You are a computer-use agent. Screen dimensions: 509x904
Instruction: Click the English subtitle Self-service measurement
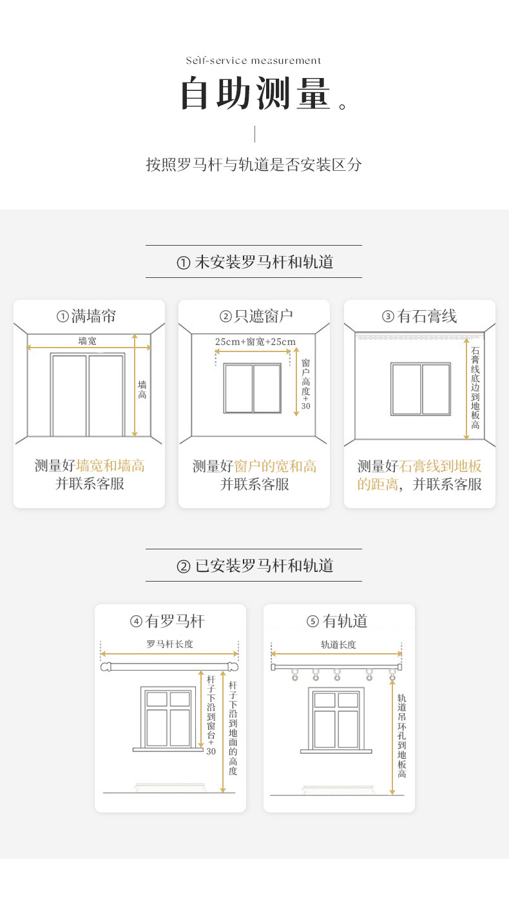(253, 61)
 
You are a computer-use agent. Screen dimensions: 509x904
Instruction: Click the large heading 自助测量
(256, 94)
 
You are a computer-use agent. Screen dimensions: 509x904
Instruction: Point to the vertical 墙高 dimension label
(142, 389)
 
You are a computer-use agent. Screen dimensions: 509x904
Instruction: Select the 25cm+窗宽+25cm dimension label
(255, 341)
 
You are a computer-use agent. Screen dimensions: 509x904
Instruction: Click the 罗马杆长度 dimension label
(169, 644)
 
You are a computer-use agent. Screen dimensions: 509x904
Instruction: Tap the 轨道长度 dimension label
(338, 644)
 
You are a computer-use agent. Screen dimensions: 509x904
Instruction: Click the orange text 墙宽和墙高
(110, 466)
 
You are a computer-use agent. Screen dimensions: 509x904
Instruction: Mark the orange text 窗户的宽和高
(275, 466)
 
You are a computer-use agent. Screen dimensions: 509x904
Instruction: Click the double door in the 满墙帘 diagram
(88, 395)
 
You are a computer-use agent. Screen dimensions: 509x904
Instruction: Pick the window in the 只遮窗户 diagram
(253, 388)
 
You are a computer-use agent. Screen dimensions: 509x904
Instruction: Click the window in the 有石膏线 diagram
(420, 389)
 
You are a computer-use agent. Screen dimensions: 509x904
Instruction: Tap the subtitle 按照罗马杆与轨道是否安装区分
(254, 164)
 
